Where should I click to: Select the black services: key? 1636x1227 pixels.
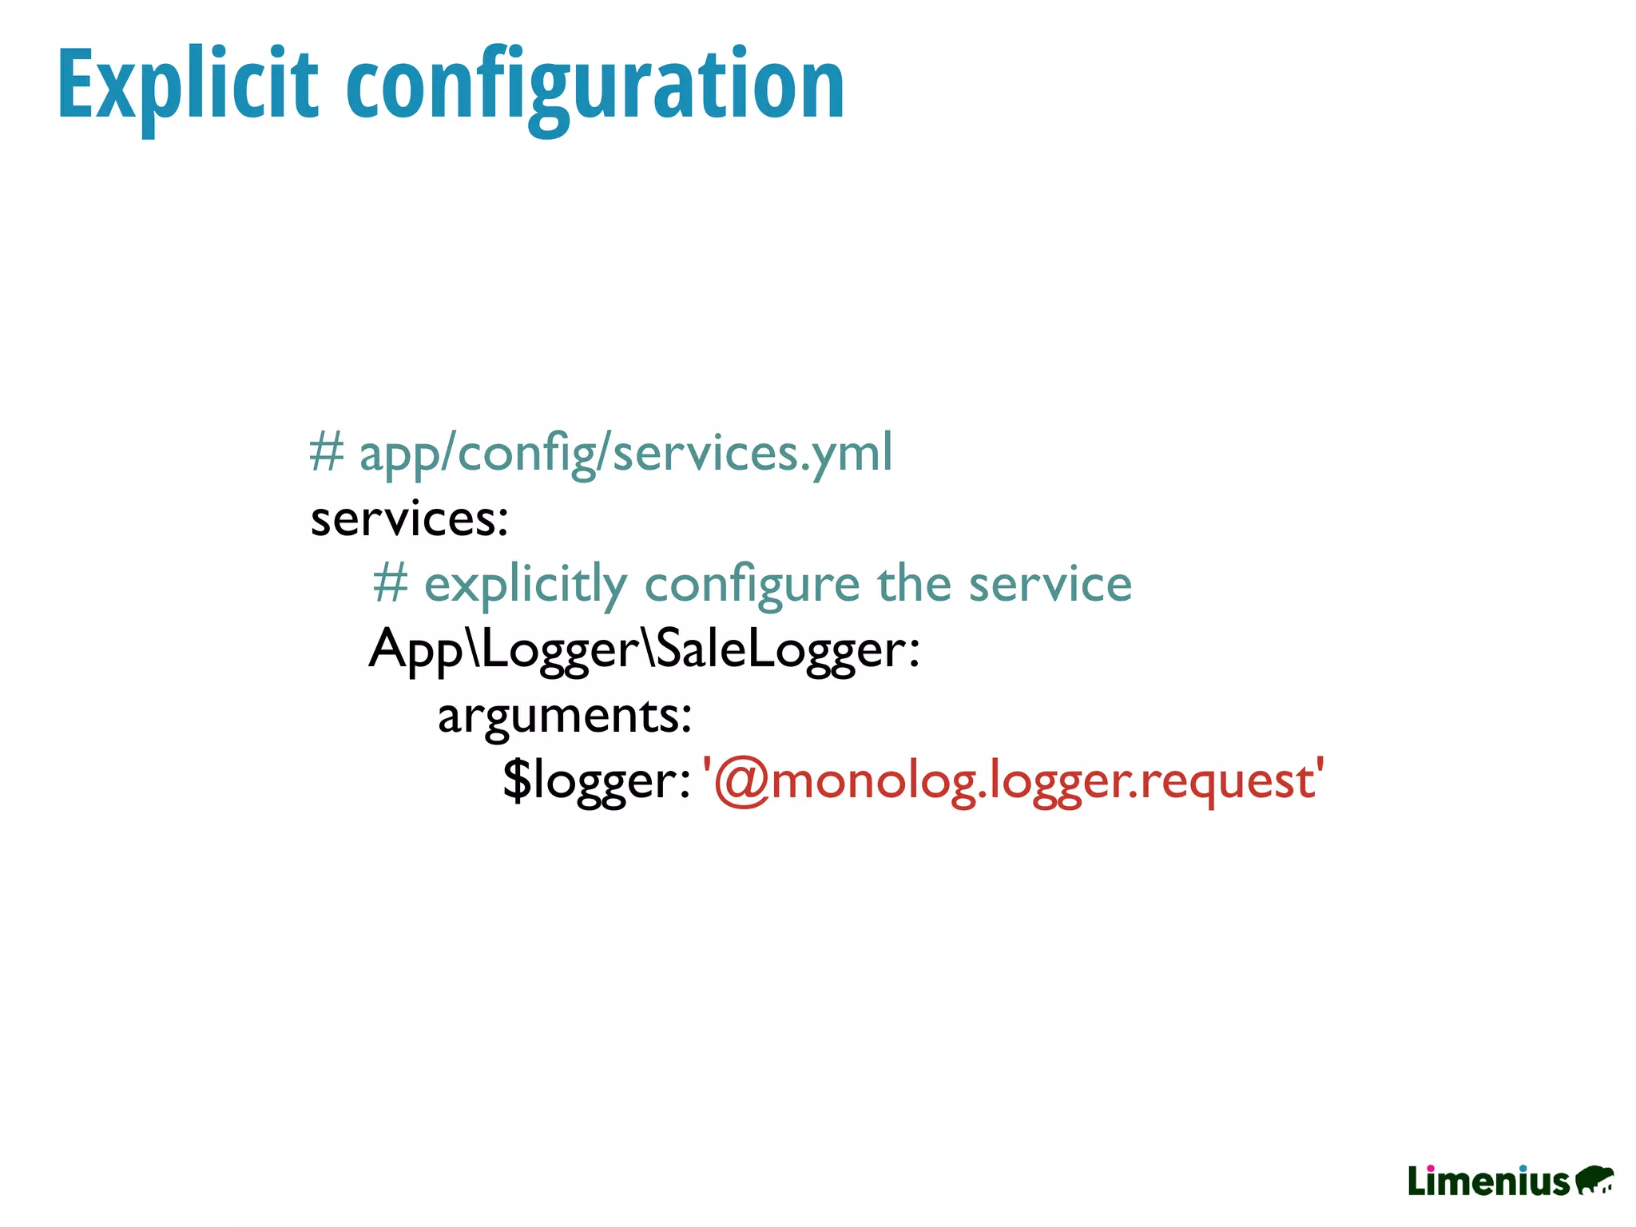tap(409, 519)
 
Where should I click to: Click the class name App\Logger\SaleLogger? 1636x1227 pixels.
tap(644, 649)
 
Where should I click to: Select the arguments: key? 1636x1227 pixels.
tap(564, 715)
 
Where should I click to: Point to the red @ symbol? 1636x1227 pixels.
tap(741, 781)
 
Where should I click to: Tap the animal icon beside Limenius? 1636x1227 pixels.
tap(1594, 1181)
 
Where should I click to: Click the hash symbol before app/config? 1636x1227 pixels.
tap(326, 452)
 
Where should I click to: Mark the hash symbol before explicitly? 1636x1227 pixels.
tap(391, 583)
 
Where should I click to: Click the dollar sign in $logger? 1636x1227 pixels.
tap(517, 780)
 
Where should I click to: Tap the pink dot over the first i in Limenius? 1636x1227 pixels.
tap(1430, 1169)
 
